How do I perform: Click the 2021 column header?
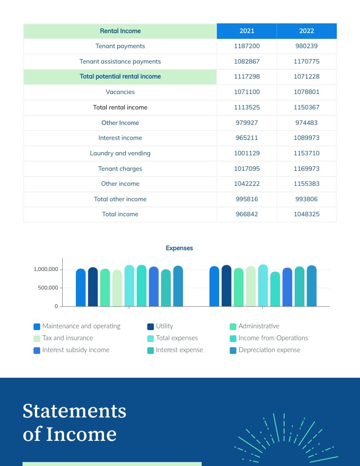pos(247,31)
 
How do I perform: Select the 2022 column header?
pos(307,31)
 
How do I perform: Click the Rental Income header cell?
pos(120,31)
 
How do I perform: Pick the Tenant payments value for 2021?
pos(247,46)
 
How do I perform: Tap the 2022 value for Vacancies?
pos(307,92)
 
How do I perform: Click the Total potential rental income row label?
pos(120,76)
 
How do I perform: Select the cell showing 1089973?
pos(307,138)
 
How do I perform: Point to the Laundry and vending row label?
pos(120,153)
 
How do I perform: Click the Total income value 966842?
pos(247,214)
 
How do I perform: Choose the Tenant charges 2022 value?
pos(307,169)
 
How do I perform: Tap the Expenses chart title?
pos(179,248)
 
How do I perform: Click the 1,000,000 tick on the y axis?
pos(45,270)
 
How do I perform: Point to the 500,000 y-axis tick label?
pos(48,288)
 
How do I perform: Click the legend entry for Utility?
pos(164,326)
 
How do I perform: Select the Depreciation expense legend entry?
pos(269,350)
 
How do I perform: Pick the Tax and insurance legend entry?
pos(67,338)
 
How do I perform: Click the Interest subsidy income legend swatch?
pos(37,350)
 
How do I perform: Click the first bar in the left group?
pos(81,287)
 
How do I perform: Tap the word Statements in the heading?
pos(74,411)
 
